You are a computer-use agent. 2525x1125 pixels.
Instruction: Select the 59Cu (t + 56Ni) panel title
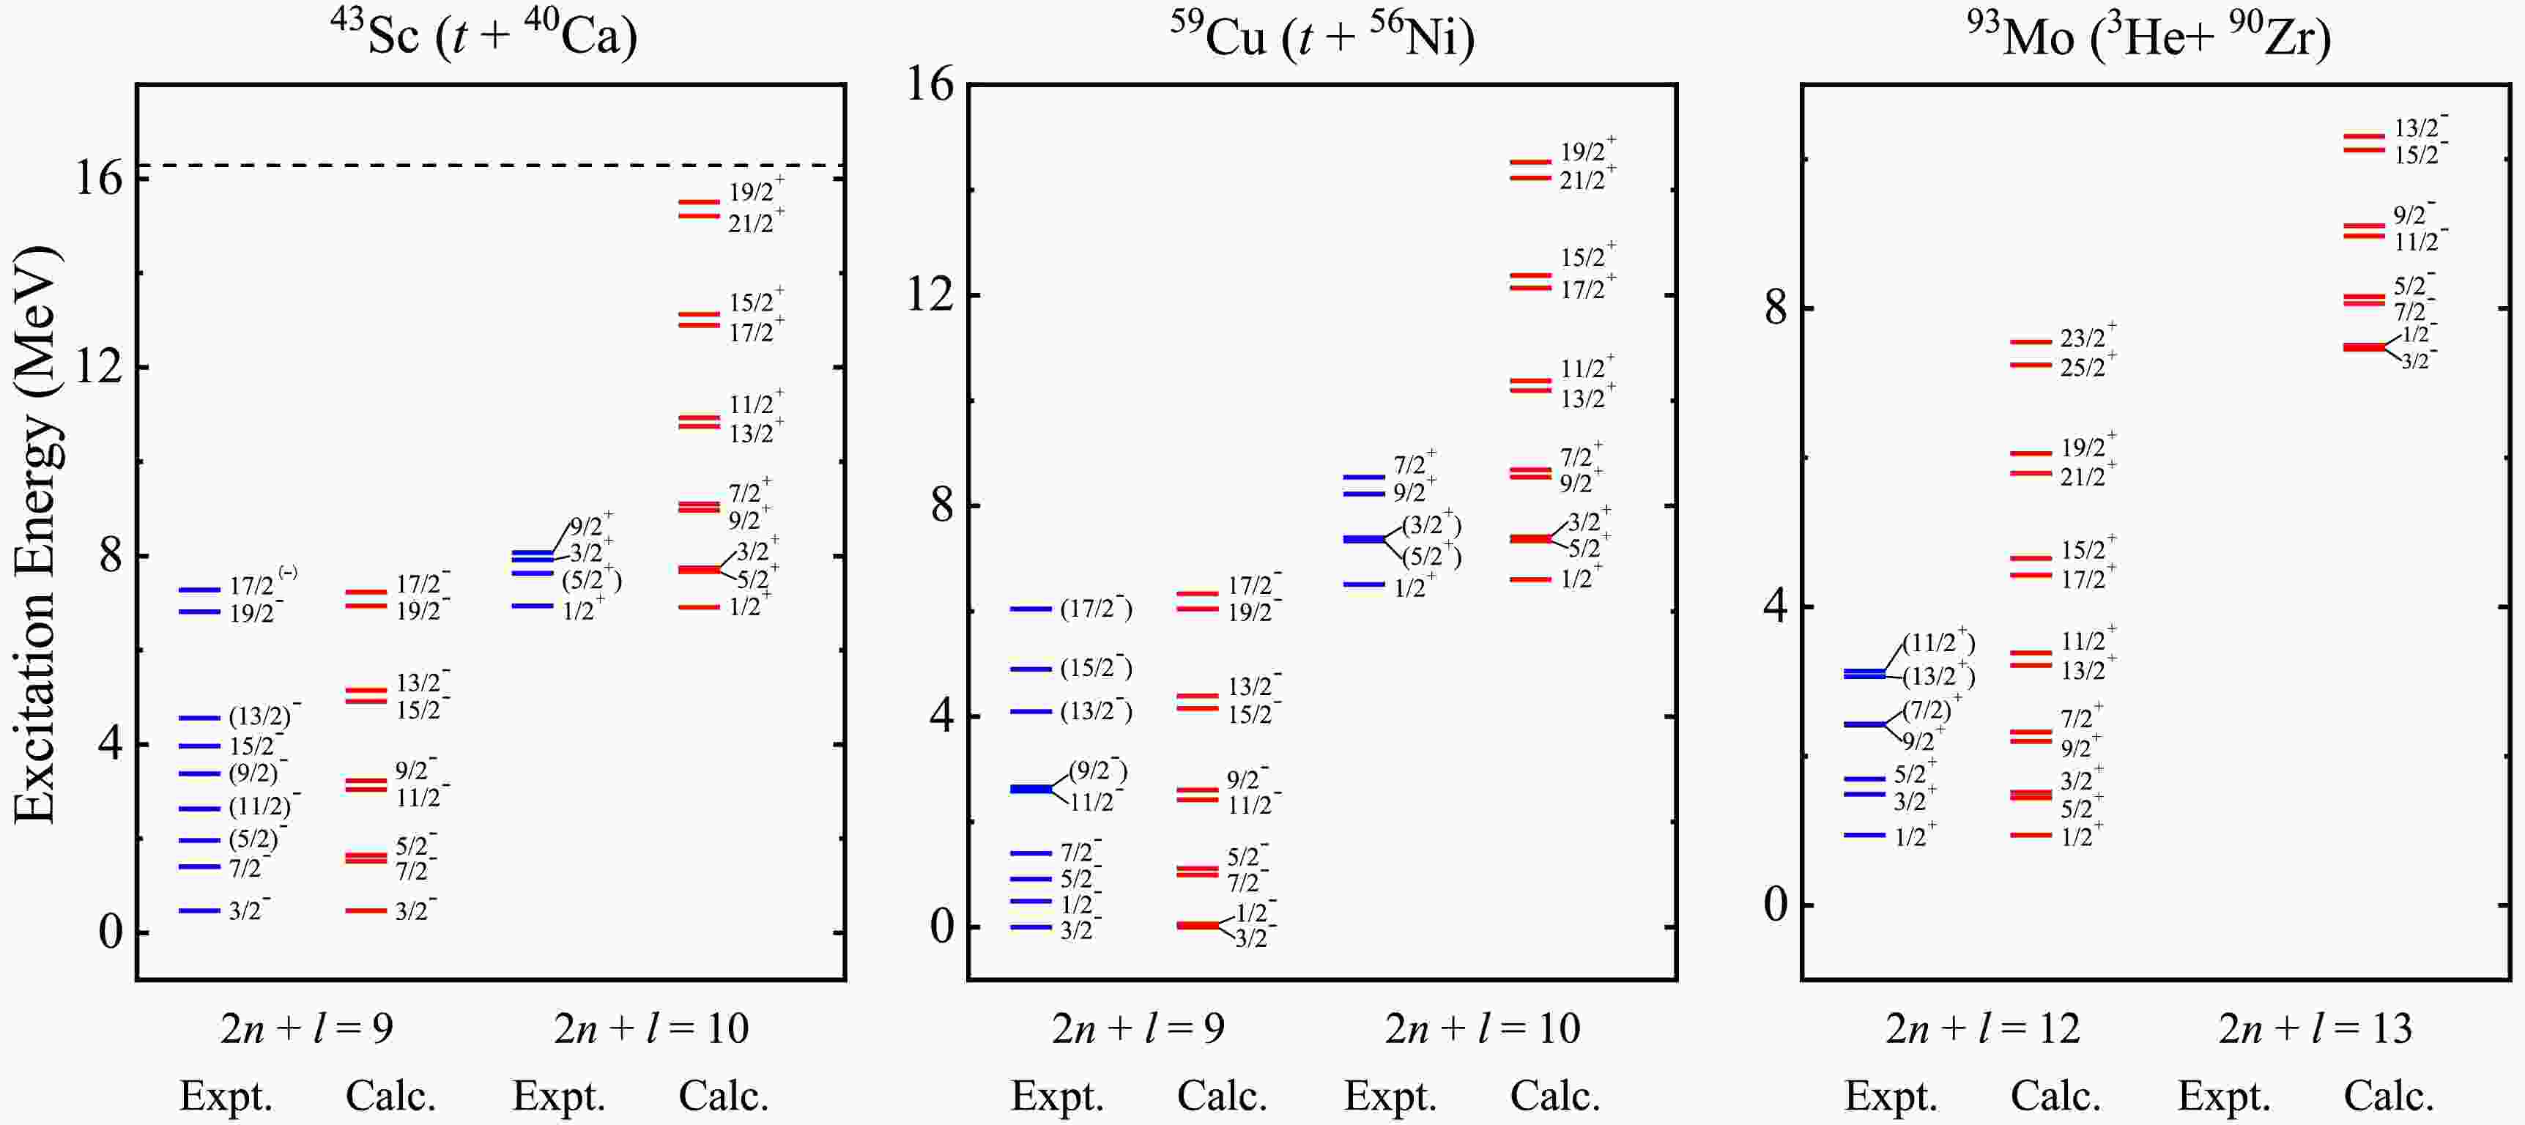coord(1321,37)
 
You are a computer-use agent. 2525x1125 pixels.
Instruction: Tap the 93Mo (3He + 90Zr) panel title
coord(2148,37)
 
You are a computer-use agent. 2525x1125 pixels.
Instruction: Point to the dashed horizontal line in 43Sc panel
coord(490,166)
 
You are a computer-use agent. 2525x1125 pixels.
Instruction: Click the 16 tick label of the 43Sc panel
coord(98,179)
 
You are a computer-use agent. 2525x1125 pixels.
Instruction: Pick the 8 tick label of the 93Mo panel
coord(1775,308)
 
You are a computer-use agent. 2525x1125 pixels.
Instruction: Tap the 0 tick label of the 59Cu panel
coord(942,926)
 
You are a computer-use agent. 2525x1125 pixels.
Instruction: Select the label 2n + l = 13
coord(2315,1028)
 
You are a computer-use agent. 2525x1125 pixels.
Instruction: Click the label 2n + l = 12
coord(1982,1028)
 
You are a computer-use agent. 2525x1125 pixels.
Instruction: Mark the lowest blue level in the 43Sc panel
coord(199,910)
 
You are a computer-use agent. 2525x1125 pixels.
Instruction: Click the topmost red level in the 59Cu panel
coord(1530,163)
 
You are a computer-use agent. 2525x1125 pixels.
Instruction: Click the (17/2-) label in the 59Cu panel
coord(1096,609)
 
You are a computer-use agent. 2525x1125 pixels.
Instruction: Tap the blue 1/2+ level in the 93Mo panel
coord(1864,835)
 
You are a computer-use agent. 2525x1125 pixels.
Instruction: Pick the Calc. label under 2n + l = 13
coord(2389,1096)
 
